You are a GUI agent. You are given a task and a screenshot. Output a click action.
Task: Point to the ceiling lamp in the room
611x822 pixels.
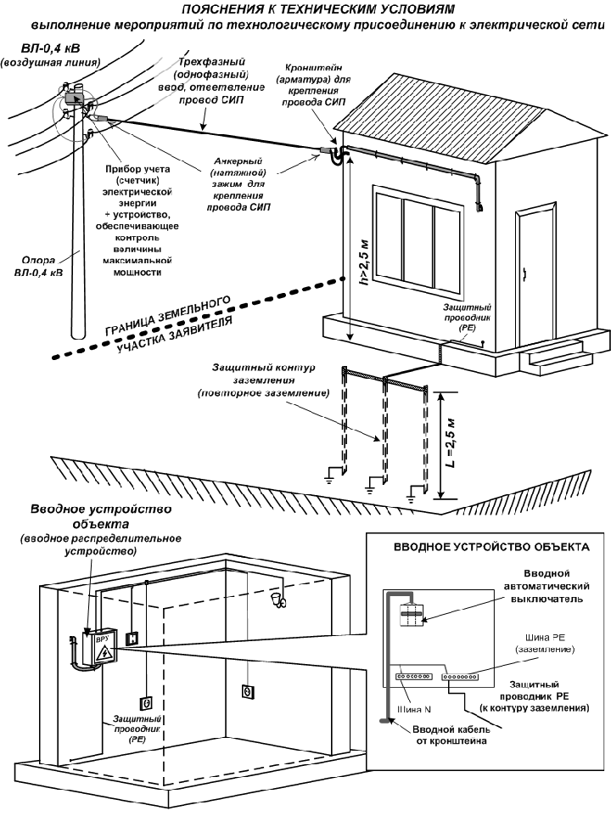[276, 600]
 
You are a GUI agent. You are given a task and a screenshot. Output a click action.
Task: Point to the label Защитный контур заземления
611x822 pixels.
[264, 380]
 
